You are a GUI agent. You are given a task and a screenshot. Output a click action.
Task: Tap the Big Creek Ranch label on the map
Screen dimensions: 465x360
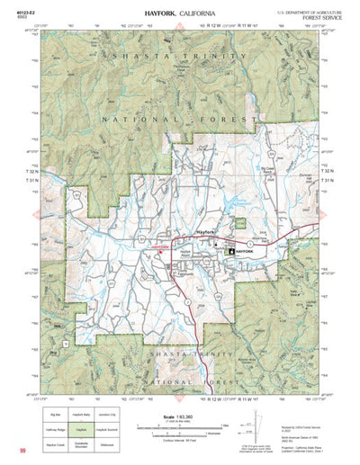click(x=266, y=168)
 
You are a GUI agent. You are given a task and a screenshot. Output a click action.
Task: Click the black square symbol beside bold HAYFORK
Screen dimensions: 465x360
click(x=229, y=252)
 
